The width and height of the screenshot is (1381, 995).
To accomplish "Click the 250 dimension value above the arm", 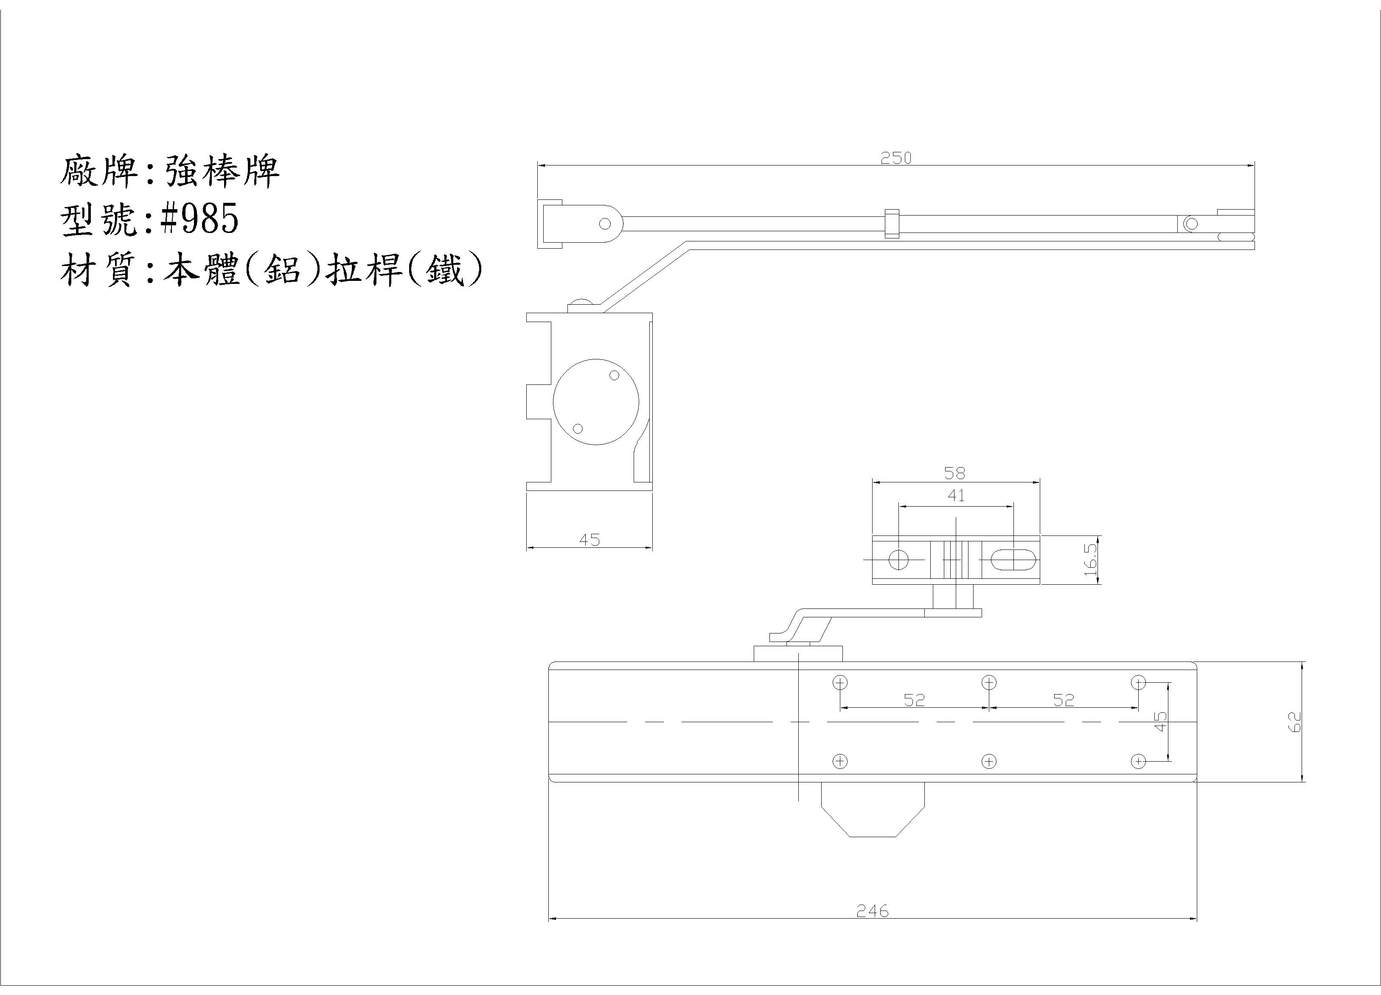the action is [896, 158].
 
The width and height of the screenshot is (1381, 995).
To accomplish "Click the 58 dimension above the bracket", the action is [955, 473].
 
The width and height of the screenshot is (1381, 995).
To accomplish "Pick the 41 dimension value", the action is [956, 496].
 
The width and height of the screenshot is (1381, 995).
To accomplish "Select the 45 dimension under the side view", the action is [589, 540].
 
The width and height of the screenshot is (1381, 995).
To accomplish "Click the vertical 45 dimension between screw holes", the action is [1161, 722].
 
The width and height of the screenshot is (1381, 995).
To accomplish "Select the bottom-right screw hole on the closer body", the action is [1138, 761].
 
